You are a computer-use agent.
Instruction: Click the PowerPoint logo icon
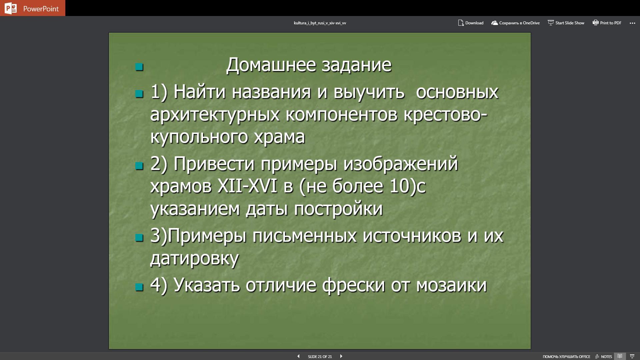(x=11, y=8)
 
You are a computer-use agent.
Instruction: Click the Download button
(x=471, y=23)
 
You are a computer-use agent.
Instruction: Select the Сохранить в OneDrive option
(x=515, y=23)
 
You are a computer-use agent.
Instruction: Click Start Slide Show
(x=566, y=23)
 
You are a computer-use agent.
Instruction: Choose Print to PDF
(x=607, y=23)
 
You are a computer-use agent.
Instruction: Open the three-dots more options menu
(x=632, y=23)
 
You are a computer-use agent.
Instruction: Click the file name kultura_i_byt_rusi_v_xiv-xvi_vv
(x=320, y=23)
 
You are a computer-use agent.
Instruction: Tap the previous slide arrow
(x=298, y=356)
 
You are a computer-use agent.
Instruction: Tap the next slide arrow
(x=341, y=356)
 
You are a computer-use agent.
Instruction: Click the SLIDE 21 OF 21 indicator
(x=320, y=357)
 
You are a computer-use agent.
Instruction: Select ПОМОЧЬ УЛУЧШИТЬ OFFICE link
(x=566, y=357)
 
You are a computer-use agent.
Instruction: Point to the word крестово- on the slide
(x=446, y=114)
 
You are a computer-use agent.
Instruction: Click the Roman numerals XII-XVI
(x=247, y=186)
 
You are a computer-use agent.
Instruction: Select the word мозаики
(x=451, y=285)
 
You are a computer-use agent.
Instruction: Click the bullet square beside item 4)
(x=139, y=287)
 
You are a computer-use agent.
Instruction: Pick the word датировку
(x=194, y=259)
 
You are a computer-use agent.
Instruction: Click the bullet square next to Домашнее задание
(x=139, y=67)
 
